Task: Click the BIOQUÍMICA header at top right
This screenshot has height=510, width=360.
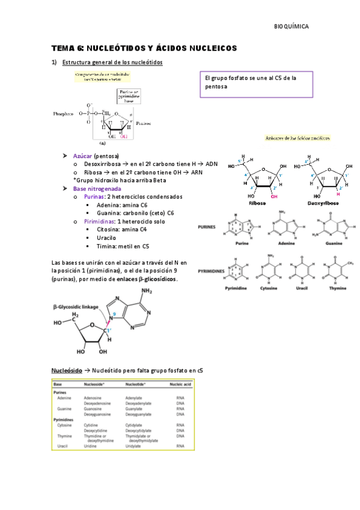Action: coord(291,26)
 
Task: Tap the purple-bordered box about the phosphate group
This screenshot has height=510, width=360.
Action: coord(257,82)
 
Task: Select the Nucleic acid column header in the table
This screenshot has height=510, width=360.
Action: coord(180,384)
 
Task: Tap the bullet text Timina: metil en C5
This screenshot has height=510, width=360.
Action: coord(123,246)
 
